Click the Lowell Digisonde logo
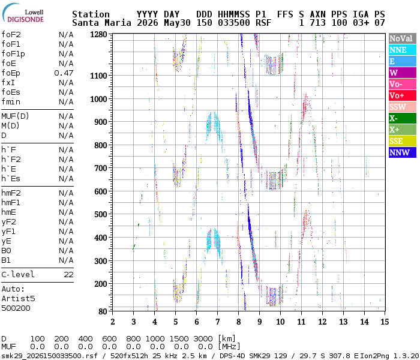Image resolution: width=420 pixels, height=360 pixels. (23, 13)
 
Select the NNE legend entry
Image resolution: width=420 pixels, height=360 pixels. (403, 50)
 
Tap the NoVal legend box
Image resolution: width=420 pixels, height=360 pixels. (403, 38)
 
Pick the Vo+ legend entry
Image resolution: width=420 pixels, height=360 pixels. (403, 95)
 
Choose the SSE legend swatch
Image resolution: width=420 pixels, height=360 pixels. (403, 141)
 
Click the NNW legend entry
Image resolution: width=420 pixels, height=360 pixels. (403, 152)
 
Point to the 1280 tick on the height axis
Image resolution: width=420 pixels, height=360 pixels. (98, 35)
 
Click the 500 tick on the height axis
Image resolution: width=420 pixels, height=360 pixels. (101, 215)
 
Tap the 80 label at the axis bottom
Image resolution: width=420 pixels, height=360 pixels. (103, 311)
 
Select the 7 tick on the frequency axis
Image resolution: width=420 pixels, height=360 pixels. (217, 322)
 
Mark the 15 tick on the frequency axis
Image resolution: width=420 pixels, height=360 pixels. (385, 322)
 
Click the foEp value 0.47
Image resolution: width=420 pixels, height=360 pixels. (64, 73)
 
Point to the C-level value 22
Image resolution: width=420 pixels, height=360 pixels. (68, 275)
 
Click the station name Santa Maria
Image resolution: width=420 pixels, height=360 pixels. (101, 23)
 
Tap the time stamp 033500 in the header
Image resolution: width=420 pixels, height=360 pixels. (234, 23)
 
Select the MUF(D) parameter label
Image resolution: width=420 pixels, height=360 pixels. (15, 116)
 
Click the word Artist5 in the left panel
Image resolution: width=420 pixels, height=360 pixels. (18, 298)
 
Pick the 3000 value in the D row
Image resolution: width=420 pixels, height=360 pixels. (203, 339)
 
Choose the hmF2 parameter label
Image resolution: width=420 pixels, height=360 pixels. (11, 193)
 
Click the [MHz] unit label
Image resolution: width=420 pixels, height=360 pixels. (229, 347)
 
